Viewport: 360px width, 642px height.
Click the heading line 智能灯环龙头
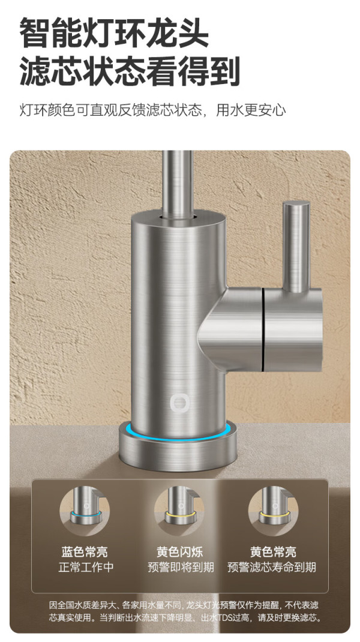tap(114, 33)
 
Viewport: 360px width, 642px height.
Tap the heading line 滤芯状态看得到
tap(130, 71)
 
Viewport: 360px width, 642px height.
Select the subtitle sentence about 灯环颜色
tap(152, 110)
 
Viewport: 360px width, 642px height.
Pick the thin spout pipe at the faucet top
tap(178, 184)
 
